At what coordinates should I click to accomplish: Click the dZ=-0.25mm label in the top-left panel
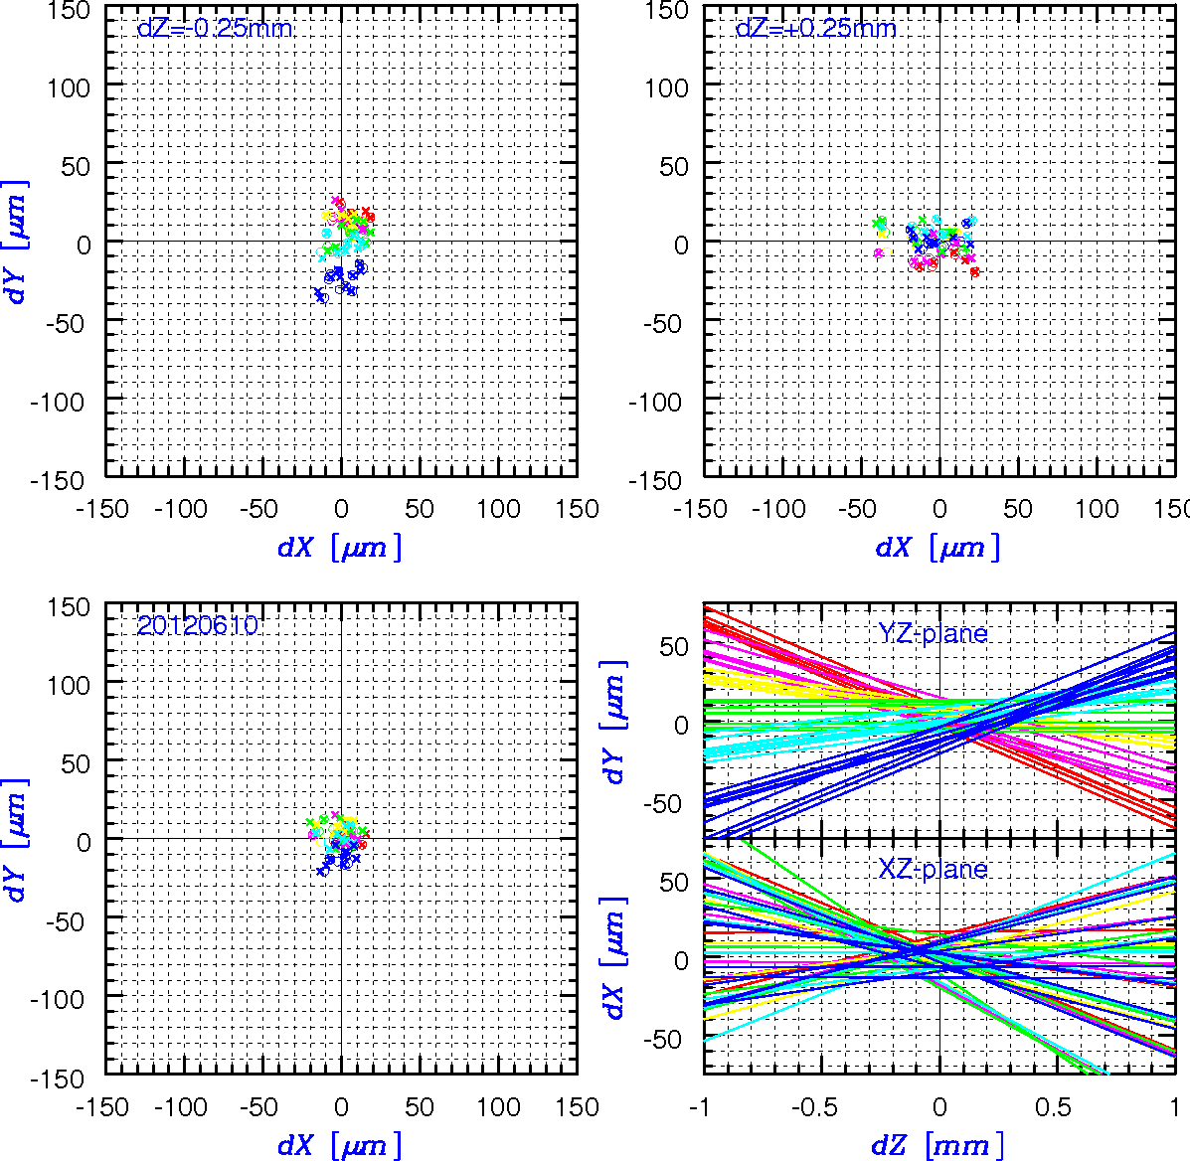pyautogui.click(x=215, y=28)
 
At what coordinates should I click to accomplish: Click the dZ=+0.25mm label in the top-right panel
pyautogui.click(x=816, y=28)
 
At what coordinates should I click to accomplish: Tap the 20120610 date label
pyautogui.click(x=197, y=626)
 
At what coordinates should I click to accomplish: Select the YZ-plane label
pyautogui.click(x=933, y=633)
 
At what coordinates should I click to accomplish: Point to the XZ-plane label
pyautogui.click(x=933, y=868)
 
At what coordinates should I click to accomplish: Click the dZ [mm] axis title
pyautogui.click(x=938, y=1144)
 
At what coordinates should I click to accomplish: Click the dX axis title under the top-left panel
pyautogui.click(x=339, y=547)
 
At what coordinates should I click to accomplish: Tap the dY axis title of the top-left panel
pyautogui.click(x=16, y=243)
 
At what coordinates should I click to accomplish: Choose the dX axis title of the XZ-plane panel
pyautogui.click(x=614, y=957)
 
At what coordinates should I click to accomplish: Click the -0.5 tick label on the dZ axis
pyautogui.click(x=814, y=1107)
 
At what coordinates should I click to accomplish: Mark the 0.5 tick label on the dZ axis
pyautogui.click(x=1054, y=1107)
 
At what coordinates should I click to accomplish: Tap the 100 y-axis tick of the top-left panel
pyautogui.click(x=69, y=88)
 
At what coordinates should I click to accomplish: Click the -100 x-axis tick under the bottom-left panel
pyautogui.click(x=181, y=1107)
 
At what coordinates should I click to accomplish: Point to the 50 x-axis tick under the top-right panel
pyautogui.click(x=1018, y=509)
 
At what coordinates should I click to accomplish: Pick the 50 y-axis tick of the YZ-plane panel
pyautogui.click(x=674, y=647)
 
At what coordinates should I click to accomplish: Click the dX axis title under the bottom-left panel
pyautogui.click(x=339, y=1144)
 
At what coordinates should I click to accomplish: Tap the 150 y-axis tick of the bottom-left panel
pyautogui.click(x=69, y=607)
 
